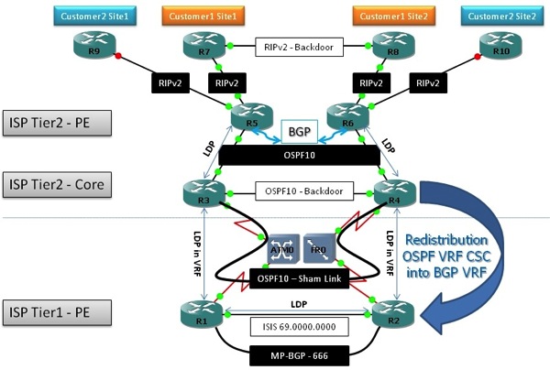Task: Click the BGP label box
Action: pyautogui.click(x=297, y=133)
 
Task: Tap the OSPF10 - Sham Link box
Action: pyautogui.click(x=297, y=276)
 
